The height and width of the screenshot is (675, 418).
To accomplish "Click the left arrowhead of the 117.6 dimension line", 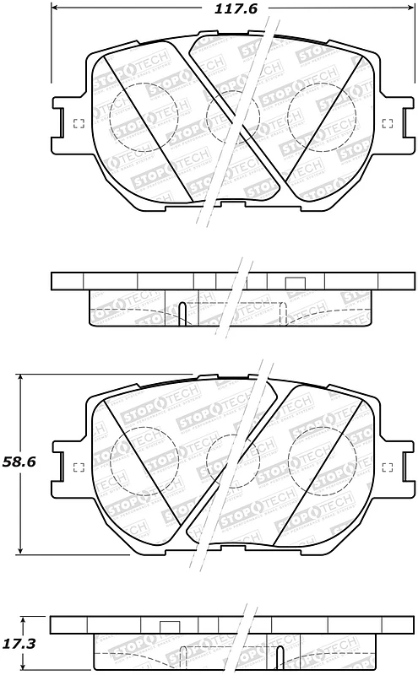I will click(x=56, y=10).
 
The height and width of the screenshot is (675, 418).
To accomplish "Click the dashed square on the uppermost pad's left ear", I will click(x=79, y=124).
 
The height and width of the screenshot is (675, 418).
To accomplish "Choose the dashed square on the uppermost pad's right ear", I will click(x=387, y=124).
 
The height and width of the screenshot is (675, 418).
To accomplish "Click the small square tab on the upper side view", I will click(x=295, y=283).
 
